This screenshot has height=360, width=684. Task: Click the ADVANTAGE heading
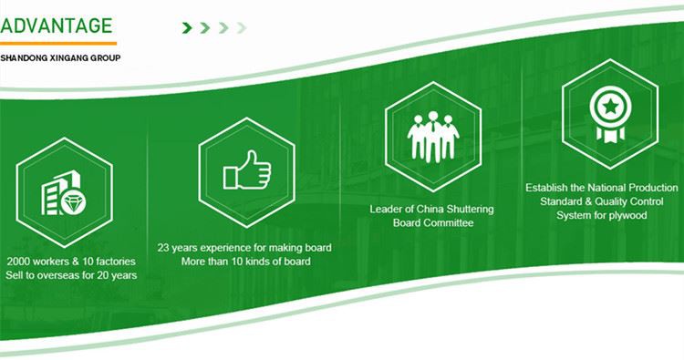point(57,26)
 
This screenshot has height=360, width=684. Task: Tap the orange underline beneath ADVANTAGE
point(58,43)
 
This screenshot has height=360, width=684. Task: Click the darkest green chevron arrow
point(187,28)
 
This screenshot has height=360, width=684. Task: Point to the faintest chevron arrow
point(242,28)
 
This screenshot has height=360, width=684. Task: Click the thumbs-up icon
point(247,170)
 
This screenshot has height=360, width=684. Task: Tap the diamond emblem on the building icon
point(73,202)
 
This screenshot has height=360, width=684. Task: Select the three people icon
point(432,137)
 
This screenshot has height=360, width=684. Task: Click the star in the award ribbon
point(611,106)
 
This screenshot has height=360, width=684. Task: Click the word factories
point(116,262)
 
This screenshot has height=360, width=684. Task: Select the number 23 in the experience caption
point(163,248)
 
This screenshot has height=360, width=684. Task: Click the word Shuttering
point(471,210)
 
